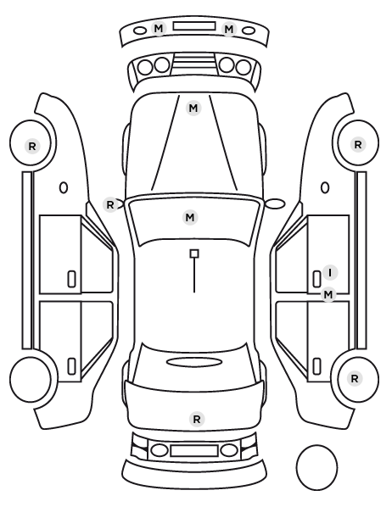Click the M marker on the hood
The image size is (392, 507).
(x=193, y=108)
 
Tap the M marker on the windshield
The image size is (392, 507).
(x=190, y=217)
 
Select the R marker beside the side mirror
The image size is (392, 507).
(x=110, y=204)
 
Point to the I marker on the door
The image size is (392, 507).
(x=330, y=273)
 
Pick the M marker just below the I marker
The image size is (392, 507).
(x=328, y=294)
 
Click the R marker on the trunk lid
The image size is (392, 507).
(x=197, y=419)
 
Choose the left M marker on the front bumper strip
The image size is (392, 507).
(x=159, y=29)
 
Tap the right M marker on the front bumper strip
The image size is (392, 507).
(x=229, y=30)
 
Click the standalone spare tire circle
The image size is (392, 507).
(x=316, y=467)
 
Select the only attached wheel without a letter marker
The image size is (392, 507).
(x=31, y=379)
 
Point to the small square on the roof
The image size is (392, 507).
(x=194, y=253)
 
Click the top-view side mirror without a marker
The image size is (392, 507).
(x=275, y=203)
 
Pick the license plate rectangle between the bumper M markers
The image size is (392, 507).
(x=194, y=26)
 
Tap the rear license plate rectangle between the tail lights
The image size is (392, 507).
(x=194, y=450)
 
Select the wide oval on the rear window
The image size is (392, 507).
(x=194, y=362)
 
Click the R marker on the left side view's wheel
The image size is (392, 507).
(x=32, y=146)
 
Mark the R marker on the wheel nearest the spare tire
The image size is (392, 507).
(x=355, y=378)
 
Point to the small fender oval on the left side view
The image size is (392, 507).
(x=64, y=187)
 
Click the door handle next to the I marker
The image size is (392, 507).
(x=316, y=279)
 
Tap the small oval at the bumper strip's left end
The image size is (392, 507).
(x=140, y=31)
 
